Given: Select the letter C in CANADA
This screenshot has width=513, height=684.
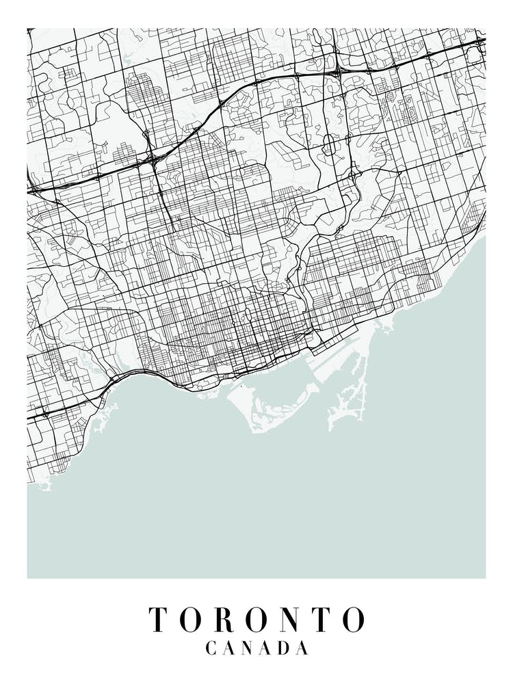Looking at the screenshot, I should click(x=212, y=648).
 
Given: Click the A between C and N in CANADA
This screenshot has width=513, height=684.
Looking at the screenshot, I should click(x=231, y=648).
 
